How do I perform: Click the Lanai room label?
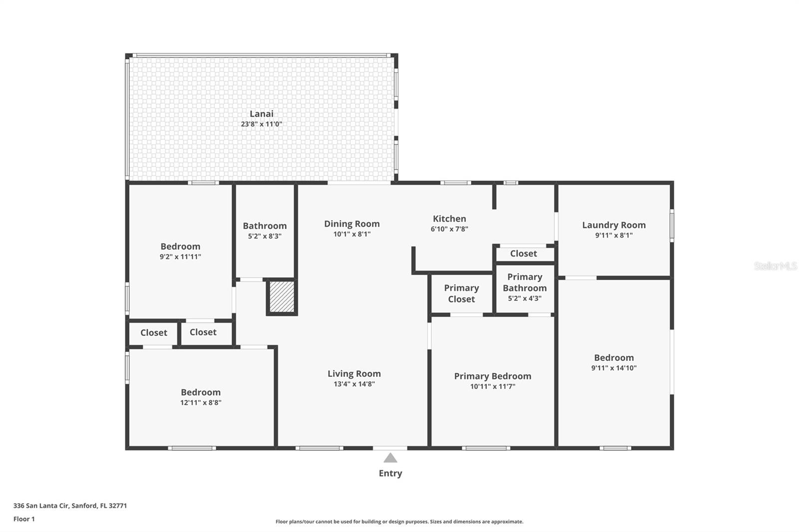click(261, 114)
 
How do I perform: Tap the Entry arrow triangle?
click(390, 458)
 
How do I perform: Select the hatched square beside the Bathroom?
click(282, 297)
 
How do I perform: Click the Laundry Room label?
click(614, 225)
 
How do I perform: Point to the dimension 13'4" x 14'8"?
click(354, 384)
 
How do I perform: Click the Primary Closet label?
click(461, 293)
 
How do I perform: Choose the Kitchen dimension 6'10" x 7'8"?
click(449, 229)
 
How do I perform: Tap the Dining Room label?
click(352, 224)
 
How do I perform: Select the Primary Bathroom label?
click(524, 282)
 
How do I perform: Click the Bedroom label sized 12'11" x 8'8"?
click(200, 392)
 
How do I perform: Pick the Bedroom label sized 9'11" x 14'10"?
click(614, 358)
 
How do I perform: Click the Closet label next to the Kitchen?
click(523, 254)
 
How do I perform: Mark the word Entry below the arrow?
click(390, 473)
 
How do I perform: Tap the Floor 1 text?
click(24, 519)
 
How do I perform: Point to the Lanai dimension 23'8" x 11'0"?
click(261, 124)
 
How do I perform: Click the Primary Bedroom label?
click(492, 376)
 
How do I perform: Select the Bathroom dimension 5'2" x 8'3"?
click(265, 237)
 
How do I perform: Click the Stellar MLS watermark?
click(775, 266)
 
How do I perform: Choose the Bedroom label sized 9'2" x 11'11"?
click(180, 247)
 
